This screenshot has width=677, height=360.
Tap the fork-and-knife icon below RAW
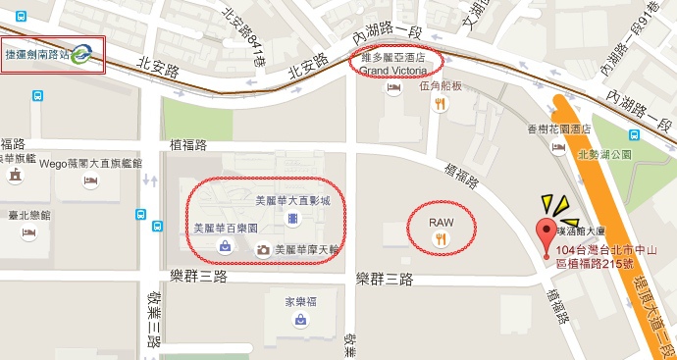pyautogui.click(x=442, y=238)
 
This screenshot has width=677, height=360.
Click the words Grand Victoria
pyautogui.click(x=395, y=71)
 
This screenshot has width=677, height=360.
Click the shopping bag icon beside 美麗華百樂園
pyautogui.click(x=226, y=245)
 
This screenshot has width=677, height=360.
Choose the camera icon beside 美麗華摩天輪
pyautogui.click(x=263, y=250)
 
